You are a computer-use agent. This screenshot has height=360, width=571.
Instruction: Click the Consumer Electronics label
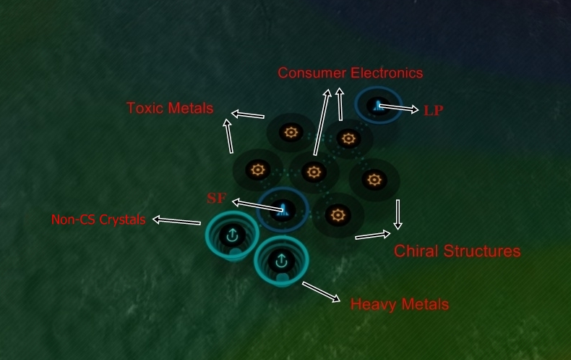[x=351, y=73]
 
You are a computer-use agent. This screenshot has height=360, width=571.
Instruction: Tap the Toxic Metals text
[x=170, y=109]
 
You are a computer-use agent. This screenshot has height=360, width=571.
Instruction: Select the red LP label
[x=434, y=110]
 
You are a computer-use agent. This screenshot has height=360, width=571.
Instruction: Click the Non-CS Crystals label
[x=98, y=219]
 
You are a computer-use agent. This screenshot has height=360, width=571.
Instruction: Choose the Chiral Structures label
[x=457, y=251]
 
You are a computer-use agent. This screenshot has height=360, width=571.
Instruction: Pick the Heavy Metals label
[x=399, y=304]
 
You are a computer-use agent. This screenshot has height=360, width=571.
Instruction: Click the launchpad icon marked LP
[x=377, y=106]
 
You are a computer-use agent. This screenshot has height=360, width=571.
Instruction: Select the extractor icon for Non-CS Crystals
[x=232, y=235]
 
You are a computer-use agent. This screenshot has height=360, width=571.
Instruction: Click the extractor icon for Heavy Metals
[x=281, y=259]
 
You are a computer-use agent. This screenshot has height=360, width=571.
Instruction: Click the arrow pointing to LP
[x=398, y=109]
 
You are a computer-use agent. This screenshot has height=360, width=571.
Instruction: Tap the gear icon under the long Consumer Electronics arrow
[x=313, y=172]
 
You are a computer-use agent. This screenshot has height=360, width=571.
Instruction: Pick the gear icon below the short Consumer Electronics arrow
[x=348, y=138]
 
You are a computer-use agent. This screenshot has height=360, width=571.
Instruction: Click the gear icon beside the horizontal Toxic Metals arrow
[x=291, y=133]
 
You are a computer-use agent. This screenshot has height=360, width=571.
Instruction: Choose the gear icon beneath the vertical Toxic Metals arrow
[x=256, y=171]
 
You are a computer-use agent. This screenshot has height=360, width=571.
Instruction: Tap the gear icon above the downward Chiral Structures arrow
[x=373, y=178]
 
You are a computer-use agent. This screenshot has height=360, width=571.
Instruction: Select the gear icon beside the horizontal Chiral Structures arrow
[x=337, y=214]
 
